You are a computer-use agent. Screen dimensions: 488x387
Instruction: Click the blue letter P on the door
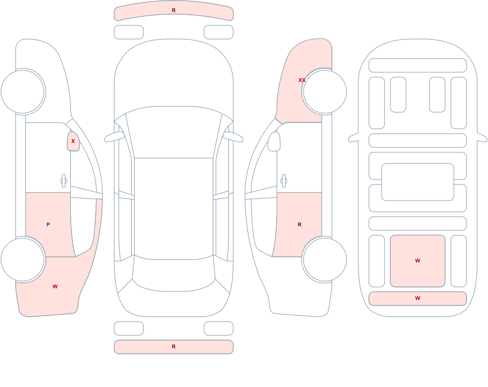point(48,224)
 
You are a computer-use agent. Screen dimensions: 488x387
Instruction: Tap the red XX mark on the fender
point(302,80)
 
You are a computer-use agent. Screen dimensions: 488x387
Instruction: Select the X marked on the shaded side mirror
point(73,141)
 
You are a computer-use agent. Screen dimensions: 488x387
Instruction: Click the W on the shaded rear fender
point(55,286)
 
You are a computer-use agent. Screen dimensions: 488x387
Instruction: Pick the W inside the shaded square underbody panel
point(418,261)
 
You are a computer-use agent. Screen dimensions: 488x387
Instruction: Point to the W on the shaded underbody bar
point(418,298)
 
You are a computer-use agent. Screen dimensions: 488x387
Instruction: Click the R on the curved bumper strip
point(174,10)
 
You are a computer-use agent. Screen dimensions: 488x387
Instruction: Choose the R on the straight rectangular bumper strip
point(174,346)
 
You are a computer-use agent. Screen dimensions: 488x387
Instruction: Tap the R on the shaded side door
point(300,224)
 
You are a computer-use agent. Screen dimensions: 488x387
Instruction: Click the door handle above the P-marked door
point(63,181)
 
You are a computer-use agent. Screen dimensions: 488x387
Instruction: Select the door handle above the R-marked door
point(284,181)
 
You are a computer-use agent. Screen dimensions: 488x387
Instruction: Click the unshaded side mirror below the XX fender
point(274,142)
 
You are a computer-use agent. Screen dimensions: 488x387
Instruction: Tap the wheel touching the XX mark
point(325,92)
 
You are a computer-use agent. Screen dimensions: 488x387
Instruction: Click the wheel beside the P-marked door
point(23,259)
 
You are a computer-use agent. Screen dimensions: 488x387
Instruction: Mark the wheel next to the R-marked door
point(325,259)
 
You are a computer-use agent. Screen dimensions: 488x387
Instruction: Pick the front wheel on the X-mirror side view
point(23,92)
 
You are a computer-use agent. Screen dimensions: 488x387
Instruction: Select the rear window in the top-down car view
point(174,273)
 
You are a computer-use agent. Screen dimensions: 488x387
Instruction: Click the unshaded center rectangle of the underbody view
point(418,182)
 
